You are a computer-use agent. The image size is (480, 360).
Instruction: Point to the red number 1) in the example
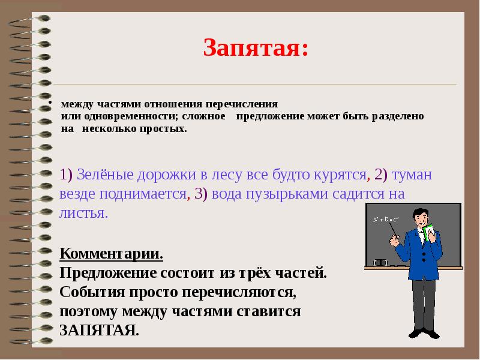tap(66, 175)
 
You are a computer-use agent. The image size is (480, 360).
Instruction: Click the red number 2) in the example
tap(381, 175)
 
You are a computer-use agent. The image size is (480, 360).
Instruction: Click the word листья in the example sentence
tap(83, 213)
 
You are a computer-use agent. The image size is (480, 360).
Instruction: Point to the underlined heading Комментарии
tap(112, 253)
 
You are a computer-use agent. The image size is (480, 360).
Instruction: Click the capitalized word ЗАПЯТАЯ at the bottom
tap(99, 330)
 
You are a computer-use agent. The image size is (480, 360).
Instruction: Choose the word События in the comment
tap(88, 292)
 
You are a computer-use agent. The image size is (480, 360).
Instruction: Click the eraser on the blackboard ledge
tap(380, 262)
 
